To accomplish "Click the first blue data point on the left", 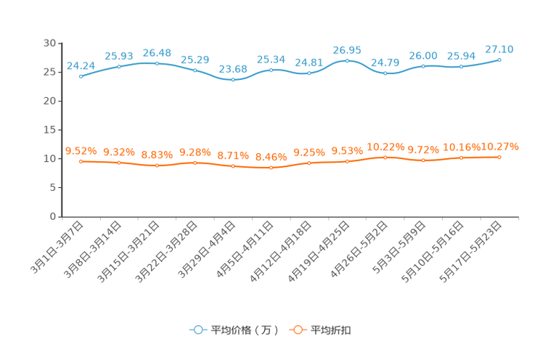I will [81, 75].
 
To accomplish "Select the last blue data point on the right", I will [499, 60].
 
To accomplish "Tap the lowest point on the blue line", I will [233, 78].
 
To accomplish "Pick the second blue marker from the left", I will [119, 66].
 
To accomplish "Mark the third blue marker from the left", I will [157, 63].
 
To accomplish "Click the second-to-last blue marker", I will [462, 67].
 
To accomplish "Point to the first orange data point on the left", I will [81, 161].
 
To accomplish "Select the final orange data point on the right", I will [499, 157].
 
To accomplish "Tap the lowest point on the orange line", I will [271, 168].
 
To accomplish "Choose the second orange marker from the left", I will [119, 163].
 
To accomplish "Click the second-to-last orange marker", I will [462, 157].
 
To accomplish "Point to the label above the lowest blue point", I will [233, 68].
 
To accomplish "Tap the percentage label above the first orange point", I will [81, 150].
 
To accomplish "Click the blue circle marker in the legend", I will [198, 330].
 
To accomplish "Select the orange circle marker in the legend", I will [297, 330].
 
